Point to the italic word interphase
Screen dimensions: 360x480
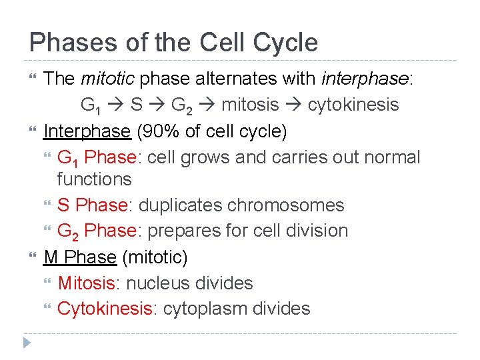(365, 79)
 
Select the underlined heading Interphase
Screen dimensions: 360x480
(87, 131)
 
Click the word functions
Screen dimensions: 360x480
(94, 179)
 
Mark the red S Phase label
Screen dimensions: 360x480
(92, 205)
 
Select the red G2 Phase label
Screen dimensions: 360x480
(97, 231)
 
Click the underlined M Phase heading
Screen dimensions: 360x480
(79, 257)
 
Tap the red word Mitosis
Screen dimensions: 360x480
(87, 283)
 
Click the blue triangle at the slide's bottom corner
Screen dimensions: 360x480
(27, 343)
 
